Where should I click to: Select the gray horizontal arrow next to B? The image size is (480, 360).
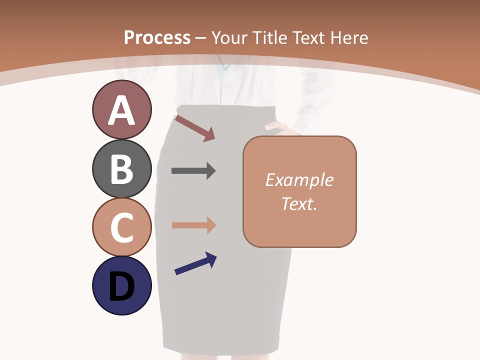[x=193, y=171]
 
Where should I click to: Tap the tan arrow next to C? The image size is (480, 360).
[x=193, y=225]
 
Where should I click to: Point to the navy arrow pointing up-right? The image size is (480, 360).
[x=195, y=263]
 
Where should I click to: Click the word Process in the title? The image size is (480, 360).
[x=157, y=37]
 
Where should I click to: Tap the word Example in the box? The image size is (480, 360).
[x=299, y=180]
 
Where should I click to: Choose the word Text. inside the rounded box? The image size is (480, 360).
[x=299, y=204]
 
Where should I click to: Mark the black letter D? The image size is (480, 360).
[x=121, y=287]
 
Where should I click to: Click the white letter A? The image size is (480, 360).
[x=121, y=111]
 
